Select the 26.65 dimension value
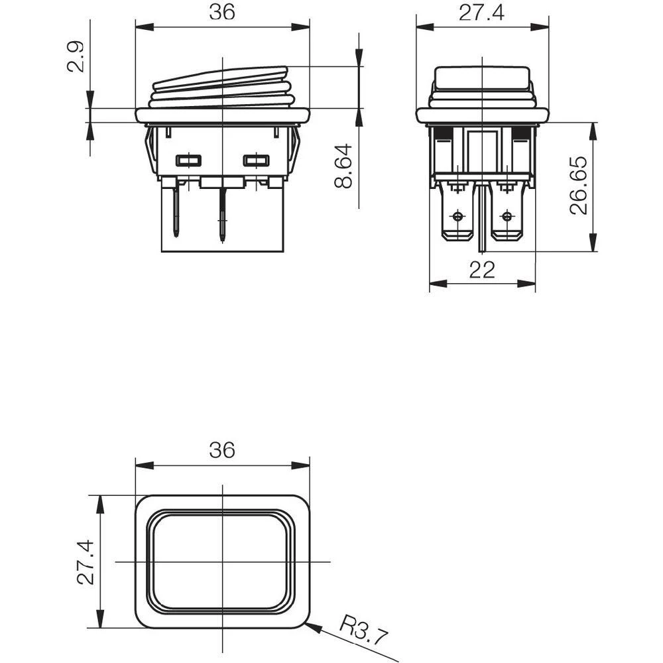pyautogui.click(x=579, y=185)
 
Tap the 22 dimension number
pyautogui.click(x=482, y=270)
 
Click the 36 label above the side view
pyautogui.click(x=221, y=12)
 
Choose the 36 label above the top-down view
pyautogui.click(x=221, y=450)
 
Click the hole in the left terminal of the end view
pyautogui.click(x=457, y=217)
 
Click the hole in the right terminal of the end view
pyautogui.click(x=507, y=217)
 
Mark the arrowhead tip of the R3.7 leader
pyautogui.click(x=308, y=623)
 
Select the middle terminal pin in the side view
pyautogui.click(x=222, y=212)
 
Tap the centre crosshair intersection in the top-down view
pyautogui.click(x=222, y=562)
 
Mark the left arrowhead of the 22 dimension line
pyautogui.click(x=431, y=284)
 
